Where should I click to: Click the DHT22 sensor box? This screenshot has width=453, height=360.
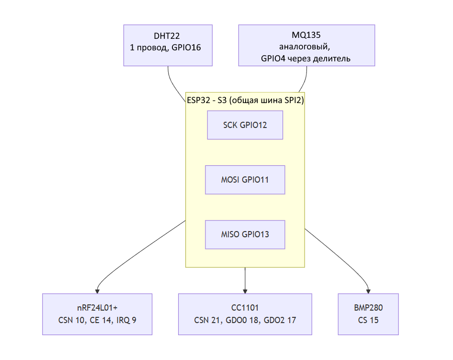tap(168, 46)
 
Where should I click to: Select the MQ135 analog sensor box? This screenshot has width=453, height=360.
tap(306, 46)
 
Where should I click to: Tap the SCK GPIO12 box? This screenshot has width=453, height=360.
tap(245, 125)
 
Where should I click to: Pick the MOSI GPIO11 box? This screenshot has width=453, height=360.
tap(245, 180)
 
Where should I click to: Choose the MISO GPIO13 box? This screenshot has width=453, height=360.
tap(245, 234)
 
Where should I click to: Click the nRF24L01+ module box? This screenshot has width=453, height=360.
tap(97, 314)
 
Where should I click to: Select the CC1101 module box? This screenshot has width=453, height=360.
tap(245, 314)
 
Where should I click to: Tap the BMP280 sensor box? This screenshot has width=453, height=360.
tap(368, 314)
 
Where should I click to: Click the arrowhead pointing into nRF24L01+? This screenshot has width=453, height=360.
tap(97, 291)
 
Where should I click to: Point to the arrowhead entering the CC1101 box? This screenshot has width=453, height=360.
tap(245, 291)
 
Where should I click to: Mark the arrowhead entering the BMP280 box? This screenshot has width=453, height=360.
tap(368, 291)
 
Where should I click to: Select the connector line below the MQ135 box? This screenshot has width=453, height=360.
tap(305, 80)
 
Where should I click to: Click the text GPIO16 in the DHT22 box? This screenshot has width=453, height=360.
tap(186, 47)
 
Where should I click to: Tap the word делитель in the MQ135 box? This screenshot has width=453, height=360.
tap(332, 58)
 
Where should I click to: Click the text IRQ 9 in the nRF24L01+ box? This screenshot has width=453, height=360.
tap(126, 320)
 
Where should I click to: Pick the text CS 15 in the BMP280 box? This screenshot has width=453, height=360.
tap(368, 320)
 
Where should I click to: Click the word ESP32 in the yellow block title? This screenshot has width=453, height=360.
tap(198, 100)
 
